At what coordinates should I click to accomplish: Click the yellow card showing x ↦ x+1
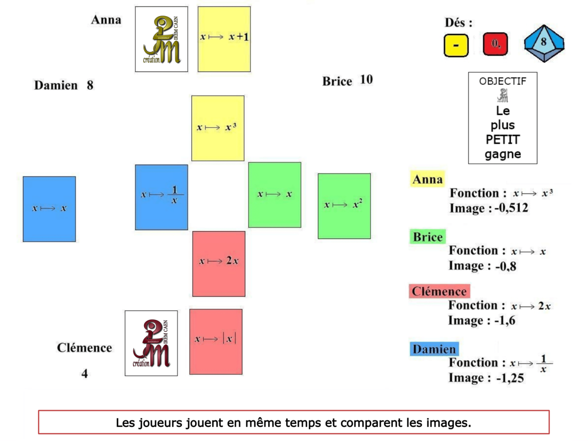224,39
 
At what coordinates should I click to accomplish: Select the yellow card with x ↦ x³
218,128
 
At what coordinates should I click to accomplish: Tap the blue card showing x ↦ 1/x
161,197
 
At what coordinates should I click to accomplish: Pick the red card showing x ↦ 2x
219,264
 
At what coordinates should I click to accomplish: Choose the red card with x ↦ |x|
216,342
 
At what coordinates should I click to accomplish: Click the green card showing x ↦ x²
344,206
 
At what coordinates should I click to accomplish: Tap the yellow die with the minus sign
456,45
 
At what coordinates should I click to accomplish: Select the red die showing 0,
495,45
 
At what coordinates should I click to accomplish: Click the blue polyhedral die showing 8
543,43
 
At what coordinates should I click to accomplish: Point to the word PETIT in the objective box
503,140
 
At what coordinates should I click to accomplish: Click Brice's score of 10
366,79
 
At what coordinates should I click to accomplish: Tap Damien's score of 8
90,85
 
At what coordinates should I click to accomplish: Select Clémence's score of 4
85,373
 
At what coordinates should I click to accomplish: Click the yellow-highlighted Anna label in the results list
427,180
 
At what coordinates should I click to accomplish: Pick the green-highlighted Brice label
427,237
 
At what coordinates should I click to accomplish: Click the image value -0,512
511,209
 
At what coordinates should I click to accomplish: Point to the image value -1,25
510,378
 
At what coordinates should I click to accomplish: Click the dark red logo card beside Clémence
151,343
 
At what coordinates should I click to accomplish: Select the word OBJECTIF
502,81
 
